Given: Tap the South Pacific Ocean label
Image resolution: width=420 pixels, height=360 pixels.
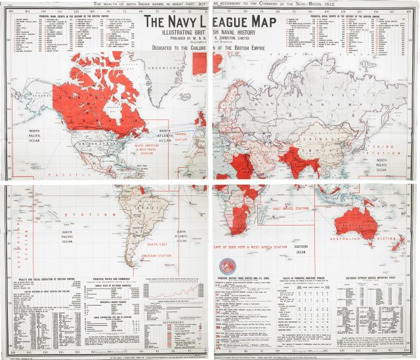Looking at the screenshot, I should (66, 236).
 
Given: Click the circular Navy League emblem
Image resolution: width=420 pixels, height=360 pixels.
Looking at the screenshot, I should (225, 267).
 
